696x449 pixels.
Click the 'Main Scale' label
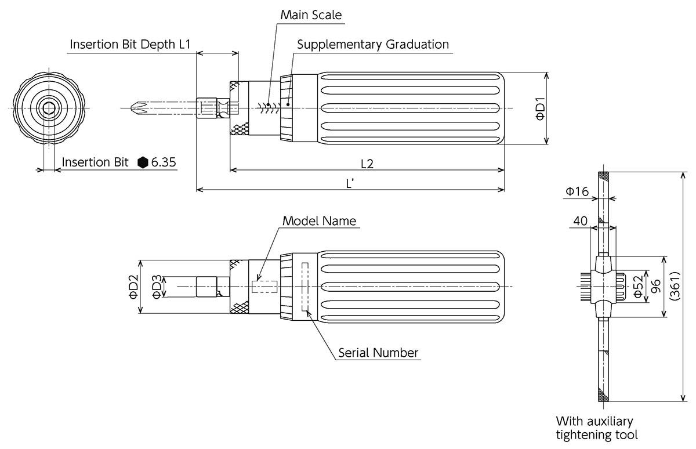click(311, 15)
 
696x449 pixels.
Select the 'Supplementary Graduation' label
click(373, 44)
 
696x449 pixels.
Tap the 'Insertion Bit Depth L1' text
click(130, 45)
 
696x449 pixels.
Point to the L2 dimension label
click(367, 164)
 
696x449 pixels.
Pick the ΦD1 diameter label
click(540, 108)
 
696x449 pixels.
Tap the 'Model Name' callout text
click(319, 221)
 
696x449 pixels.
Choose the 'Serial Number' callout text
click(378, 353)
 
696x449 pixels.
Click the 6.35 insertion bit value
click(164, 162)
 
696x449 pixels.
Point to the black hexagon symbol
click(143, 162)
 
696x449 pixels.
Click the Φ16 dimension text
click(577, 191)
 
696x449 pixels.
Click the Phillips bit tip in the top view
click(137, 107)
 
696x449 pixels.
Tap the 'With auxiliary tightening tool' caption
click(597, 428)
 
